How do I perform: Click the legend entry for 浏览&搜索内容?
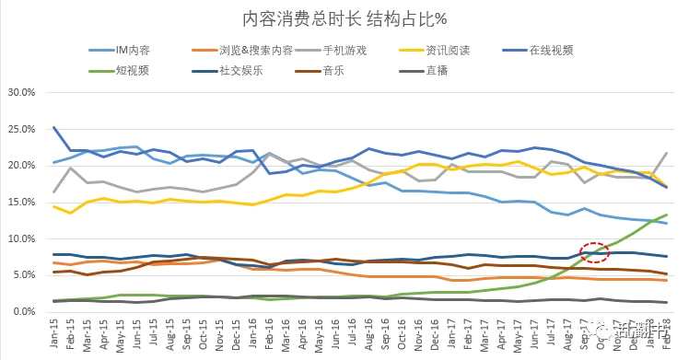click(256, 50)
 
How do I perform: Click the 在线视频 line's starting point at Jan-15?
click(55, 127)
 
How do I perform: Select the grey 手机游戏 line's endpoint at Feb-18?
click(666, 153)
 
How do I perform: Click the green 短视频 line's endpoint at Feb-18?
click(666, 215)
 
